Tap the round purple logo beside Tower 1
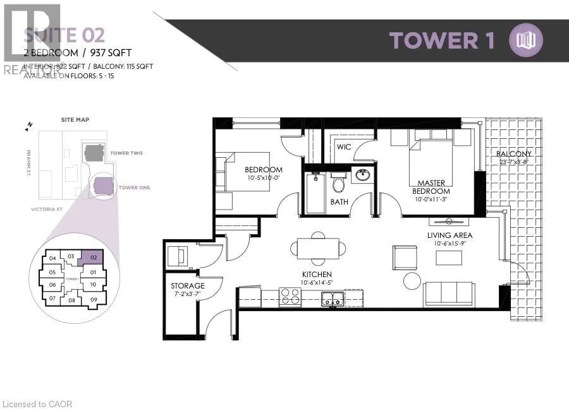pyautogui.click(x=526, y=40)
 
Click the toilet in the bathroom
pyautogui.click(x=339, y=183)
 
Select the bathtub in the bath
pyautogui.click(x=315, y=193)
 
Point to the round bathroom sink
pyautogui.click(x=363, y=175)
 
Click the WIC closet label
pyautogui.click(x=344, y=146)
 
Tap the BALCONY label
pyautogui.click(x=513, y=153)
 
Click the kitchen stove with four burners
pyautogui.click(x=290, y=297)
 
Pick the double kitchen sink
pyautogui.click(x=333, y=298)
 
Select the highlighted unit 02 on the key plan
pyautogui.click(x=92, y=258)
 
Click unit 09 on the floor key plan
pyautogui.click(x=93, y=299)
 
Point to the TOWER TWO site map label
pyautogui.click(x=126, y=153)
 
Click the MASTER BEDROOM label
pyautogui.click(x=431, y=187)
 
